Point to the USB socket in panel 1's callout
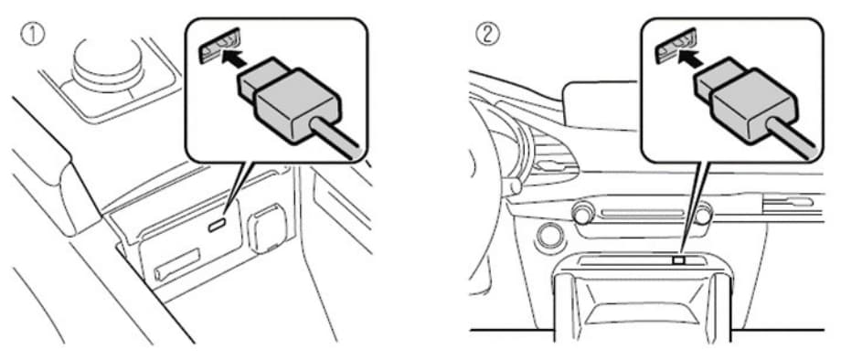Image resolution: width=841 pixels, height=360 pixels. pyautogui.click(x=220, y=46)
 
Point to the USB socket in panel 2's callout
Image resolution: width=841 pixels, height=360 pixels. pyautogui.click(x=676, y=46)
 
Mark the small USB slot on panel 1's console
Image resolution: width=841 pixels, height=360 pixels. pyautogui.click(x=217, y=226)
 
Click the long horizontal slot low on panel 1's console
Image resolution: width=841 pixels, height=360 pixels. pyautogui.click(x=177, y=264)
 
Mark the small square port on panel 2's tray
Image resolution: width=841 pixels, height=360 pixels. pyautogui.click(x=678, y=259)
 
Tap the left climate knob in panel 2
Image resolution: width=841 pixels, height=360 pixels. pyautogui.click(x=582, y=215)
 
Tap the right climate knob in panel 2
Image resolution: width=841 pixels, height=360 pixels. pyautogui.click(x=703, y=215)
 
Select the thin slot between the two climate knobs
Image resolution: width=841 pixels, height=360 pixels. pyautogui.click(x=642, y=213)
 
